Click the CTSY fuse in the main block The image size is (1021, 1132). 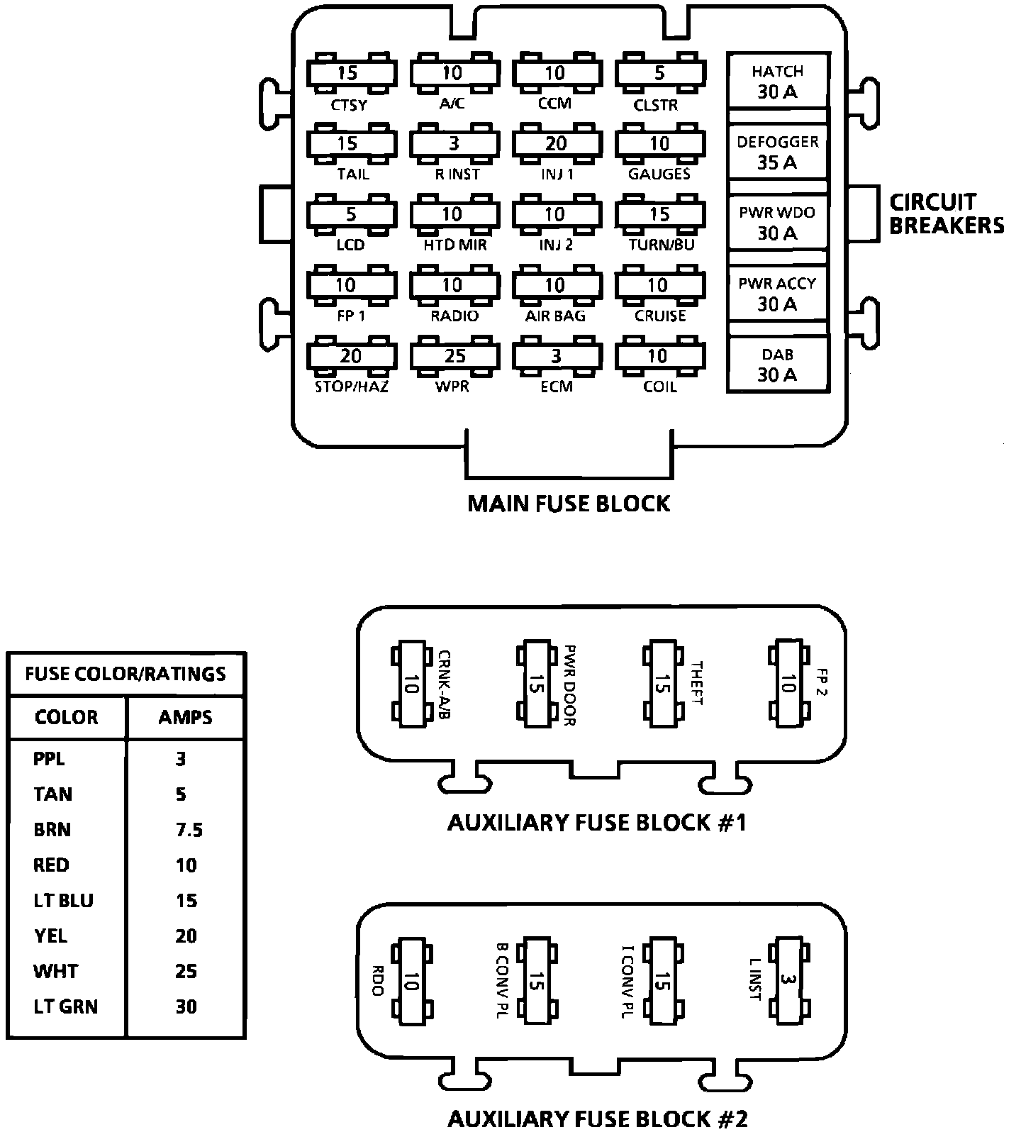coord(351,73)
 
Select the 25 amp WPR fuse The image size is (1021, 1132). coord(454,356)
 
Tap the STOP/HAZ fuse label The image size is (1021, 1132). coord(351,387)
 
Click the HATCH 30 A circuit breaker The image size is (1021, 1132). coord(777,82)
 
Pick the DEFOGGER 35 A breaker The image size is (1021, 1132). coord(777,152)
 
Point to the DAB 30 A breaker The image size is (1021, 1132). coord(777,365)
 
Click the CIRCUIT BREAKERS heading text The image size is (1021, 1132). coord(946,213)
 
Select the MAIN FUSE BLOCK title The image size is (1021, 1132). coord(569,504)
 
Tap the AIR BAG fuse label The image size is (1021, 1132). coord(555,316)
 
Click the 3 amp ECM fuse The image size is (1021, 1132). coord(557,356)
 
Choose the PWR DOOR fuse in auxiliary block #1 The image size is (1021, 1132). coord(537,685)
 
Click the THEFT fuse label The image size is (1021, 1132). coord(696,684)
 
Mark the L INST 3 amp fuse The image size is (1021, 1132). coord(787,982)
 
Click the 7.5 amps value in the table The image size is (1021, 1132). coord(189,830)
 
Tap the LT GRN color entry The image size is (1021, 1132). coord(65,1006)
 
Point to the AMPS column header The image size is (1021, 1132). coord(185,717)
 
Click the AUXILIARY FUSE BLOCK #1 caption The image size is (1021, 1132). coord(596,823)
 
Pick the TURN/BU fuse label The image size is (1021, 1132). coord(661,245)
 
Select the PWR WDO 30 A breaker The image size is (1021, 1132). coord(777,223)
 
